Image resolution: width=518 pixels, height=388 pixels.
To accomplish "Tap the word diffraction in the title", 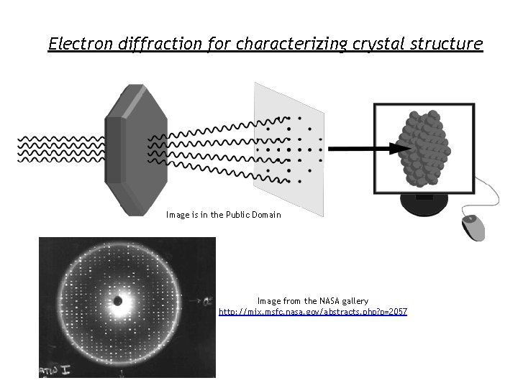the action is [x=158, y=44].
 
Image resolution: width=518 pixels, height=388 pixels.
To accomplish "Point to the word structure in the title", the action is [x=447, y=44].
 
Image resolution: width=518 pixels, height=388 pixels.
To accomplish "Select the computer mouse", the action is [x=473, y=227].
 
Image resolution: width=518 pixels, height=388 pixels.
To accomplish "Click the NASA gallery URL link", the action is [x=313, y=312].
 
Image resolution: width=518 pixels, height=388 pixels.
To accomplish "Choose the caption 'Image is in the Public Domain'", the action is [x=223, y=215].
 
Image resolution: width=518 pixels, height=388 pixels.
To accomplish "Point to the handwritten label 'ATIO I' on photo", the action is [x=52, y=371].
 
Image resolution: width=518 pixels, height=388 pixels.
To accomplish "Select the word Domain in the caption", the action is [x=265, y=215].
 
